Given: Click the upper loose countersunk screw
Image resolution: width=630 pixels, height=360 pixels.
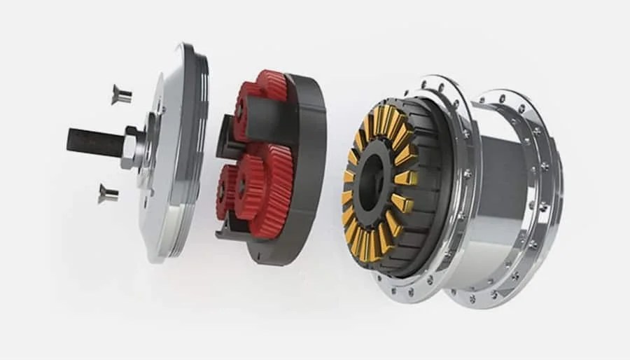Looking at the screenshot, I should pos(120,94).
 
